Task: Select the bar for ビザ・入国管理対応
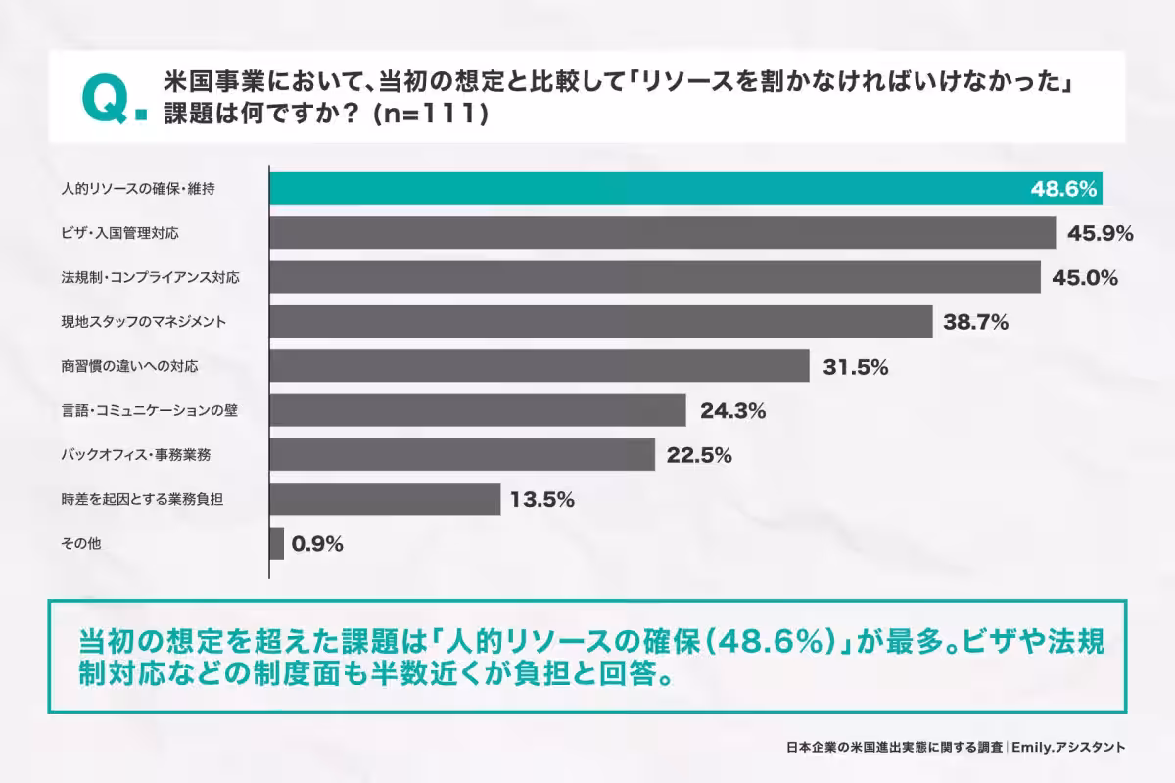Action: click(662, 233)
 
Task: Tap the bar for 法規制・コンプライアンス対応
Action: click(654, 277)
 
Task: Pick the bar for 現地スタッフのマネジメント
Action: click(600, 321)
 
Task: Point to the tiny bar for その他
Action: click(276, 543)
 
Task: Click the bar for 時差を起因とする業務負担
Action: click(385, 499)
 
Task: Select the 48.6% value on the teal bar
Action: click(1062, 189)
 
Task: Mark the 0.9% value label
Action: click(317, 544)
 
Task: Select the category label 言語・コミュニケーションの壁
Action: click(149, 411)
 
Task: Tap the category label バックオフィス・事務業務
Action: click(136, 455)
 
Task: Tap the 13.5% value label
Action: click(541, 499)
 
